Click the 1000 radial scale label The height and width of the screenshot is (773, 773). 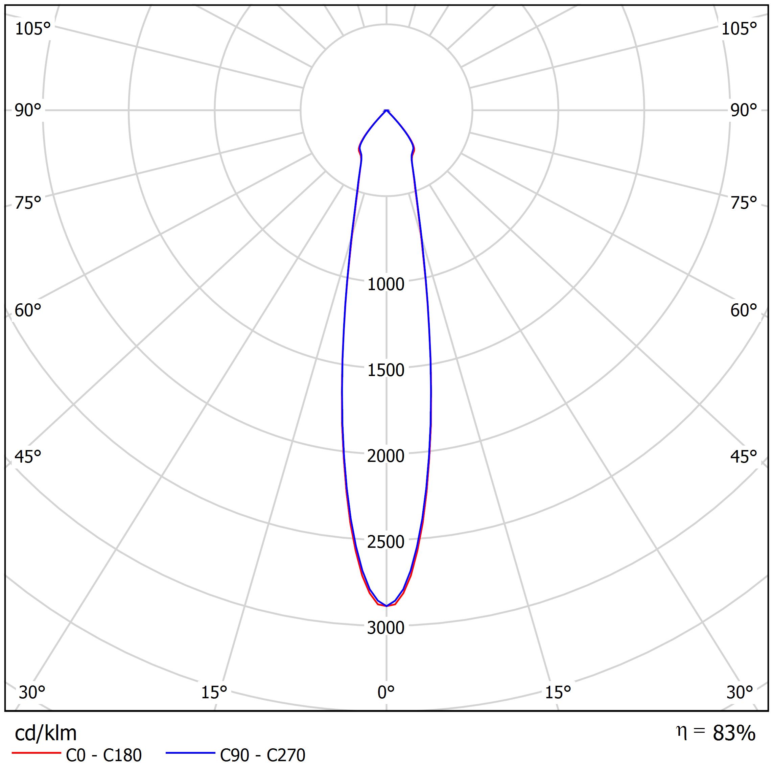click(x=386, y=284)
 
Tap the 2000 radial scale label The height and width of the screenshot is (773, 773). click(x=386, y=456)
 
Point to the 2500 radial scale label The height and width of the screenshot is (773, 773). click(x=386, y=542)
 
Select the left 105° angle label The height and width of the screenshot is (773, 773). click(x=33, y=29)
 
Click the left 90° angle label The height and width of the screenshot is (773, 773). click(x=28, y=111)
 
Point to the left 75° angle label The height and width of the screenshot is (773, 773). click(x=28, y=203)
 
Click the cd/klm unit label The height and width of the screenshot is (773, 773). click(x=46, y=733)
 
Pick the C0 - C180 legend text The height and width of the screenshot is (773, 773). click(x=103, y=755)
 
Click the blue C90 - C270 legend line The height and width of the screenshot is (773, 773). click(x=190, y=753)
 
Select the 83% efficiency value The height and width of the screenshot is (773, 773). click(x=734, y=733)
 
